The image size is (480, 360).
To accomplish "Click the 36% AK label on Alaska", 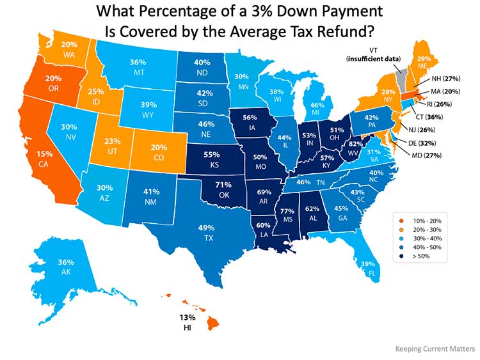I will (x=67, y=267).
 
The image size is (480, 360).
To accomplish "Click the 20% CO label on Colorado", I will (x=160, y=152).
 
